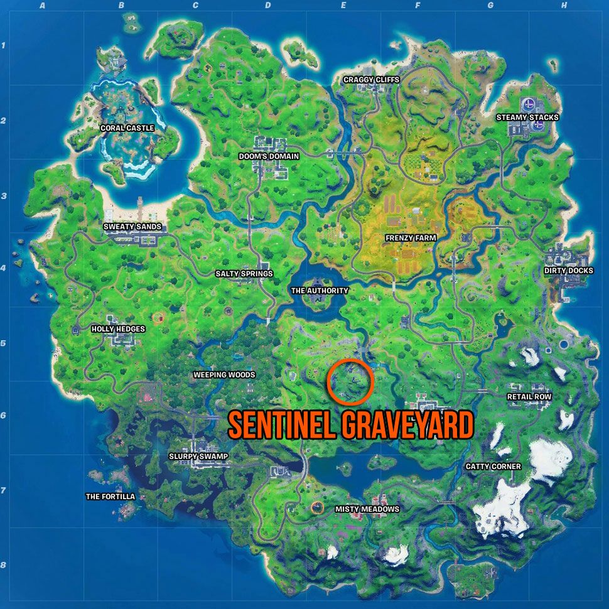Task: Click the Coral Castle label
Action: coord(126,128)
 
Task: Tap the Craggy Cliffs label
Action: coord(371,80)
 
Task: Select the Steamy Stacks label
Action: coord(527,117)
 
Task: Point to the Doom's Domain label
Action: coord(269,156)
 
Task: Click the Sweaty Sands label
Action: coord(132,227)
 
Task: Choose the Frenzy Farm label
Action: coord(411,238)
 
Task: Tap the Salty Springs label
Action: coord(244,274)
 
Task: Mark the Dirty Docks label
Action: coord(568,271)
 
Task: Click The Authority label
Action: coord(319,291)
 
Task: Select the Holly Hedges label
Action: coord(118,329)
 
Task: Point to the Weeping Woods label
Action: coord(224,375)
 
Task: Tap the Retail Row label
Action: coord(529,397)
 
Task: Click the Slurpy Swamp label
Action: coord(198,456)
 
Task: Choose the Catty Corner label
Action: coord(493,466)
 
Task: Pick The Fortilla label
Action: coord(110,497)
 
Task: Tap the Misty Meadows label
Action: coord(367,509)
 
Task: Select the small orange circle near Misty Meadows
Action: coord(318,507)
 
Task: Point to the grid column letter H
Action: coord(564,6)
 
